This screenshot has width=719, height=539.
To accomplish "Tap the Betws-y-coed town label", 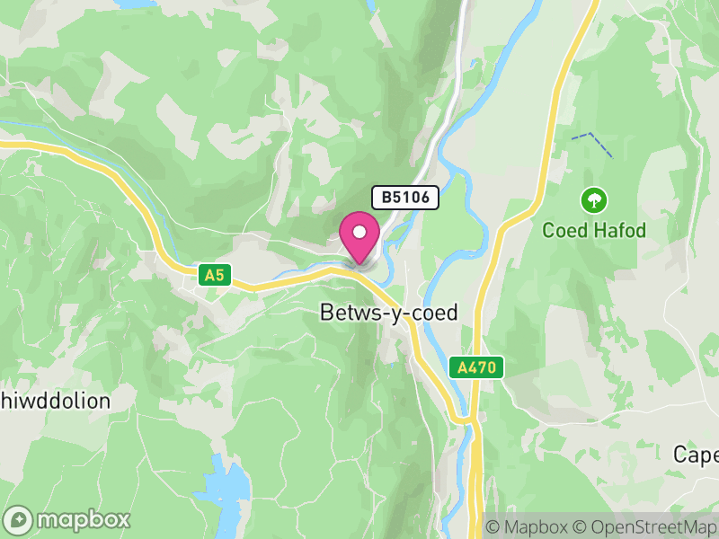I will pyautogui.click(x=389, y=313).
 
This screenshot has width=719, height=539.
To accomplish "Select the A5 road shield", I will pyautogui.click(x=214, y=276).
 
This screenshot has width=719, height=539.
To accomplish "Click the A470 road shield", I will pyautogui.click(x=475, y=367).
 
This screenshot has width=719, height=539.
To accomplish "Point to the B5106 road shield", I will pyautogui.click(x=405, y=198).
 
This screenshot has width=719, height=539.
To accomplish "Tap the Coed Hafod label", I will pyautogui.click(x=594, y=231).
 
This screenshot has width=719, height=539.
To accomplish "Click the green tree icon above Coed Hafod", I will pyautogui.click(x=593, y=199).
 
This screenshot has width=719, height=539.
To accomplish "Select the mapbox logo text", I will pyautogui.click(x=84, y=519).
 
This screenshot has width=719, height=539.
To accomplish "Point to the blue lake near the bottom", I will pyautogui.click(x=225, y=490).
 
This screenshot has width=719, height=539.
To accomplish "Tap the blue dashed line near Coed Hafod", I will pyautogui.click(x=593, y=144).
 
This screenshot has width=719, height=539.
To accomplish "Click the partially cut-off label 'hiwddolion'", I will pyautogui.click(x=55, y=401).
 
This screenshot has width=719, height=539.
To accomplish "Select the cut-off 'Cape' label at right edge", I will pyautogui.click(x=697, y=455).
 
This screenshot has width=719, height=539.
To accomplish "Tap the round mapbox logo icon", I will pyautogui.click(x=19, y=519).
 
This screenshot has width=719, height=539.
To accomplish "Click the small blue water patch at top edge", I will pyautogui.click(x=135, y=4).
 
